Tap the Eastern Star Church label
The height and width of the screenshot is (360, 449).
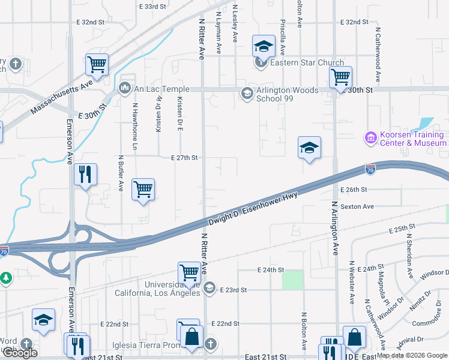307,62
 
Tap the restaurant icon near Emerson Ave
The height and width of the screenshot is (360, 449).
85,175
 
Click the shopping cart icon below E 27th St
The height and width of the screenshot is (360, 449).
143,190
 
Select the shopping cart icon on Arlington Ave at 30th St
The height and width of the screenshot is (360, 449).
340,77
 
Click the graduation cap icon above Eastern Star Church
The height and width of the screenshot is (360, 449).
262,46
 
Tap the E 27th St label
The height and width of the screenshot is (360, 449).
184,158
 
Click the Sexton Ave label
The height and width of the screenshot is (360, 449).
357,206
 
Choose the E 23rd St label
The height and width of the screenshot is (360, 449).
234,289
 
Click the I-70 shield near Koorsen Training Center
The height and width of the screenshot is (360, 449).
370,171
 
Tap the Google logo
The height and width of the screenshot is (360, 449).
20,353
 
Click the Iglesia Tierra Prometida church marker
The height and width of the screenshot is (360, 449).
210,344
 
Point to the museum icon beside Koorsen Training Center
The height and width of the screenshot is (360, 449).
370,139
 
